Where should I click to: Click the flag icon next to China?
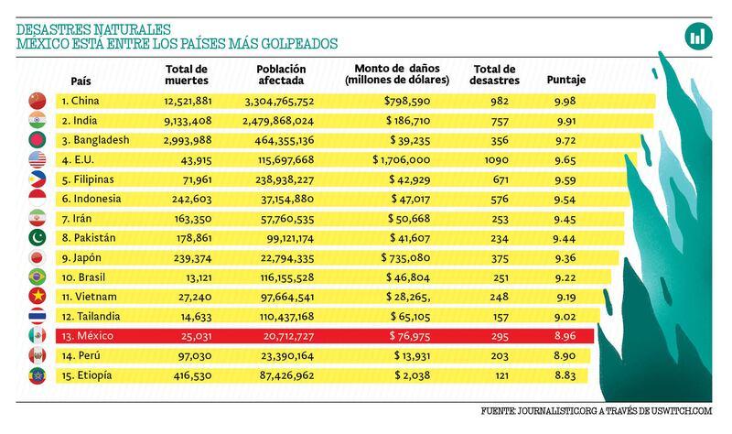38,101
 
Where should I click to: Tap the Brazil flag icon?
38,277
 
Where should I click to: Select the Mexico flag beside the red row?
38,335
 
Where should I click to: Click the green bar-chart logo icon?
698,37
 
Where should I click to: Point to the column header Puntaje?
565,80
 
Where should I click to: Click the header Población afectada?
281,75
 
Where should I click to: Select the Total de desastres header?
494,75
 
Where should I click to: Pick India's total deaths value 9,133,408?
188,121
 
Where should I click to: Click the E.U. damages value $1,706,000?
402,159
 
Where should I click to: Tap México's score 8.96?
565,336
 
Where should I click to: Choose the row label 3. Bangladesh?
96,140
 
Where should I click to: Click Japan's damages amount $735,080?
405,258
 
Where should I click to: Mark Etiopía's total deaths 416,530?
193,375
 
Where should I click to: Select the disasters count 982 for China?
500,102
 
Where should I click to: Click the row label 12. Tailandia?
91,316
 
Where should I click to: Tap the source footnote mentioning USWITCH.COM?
597,411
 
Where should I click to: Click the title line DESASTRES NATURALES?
93,29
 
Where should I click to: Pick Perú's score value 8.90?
565,355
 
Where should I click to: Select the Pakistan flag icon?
38,238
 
